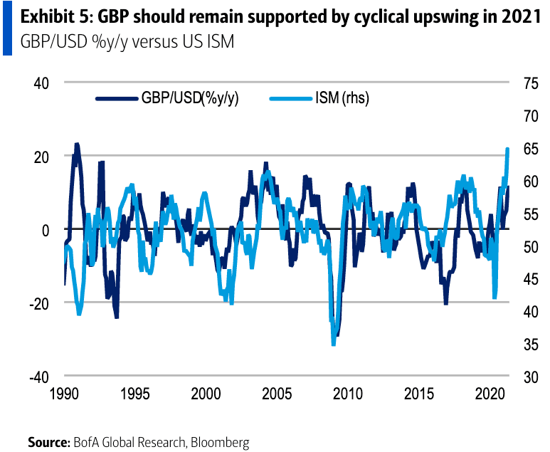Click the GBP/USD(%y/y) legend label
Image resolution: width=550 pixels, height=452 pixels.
[189, 99]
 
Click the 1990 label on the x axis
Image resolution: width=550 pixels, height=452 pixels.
[64, 394]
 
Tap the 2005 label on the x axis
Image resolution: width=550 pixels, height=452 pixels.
[276, 394]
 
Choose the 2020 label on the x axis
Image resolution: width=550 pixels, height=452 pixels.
[489, 394]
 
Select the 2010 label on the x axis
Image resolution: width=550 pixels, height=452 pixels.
[347, 394]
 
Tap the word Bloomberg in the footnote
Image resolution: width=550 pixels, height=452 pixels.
[219, 442]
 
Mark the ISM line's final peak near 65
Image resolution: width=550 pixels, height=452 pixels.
[507, 149]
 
